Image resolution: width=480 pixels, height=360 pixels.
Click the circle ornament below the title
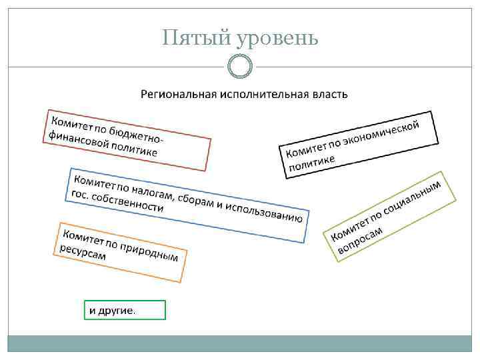tap(240, 67)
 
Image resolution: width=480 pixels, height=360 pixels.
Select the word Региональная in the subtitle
tap(176, 93)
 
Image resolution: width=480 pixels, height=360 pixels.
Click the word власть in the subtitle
tap(330, 93)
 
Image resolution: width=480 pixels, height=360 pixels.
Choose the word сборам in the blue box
tap(196, 199)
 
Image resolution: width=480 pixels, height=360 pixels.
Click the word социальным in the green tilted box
tap(413, 200)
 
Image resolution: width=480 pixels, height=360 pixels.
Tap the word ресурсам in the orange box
tap(83, 251)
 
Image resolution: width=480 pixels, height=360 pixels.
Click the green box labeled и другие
tap(125, 310)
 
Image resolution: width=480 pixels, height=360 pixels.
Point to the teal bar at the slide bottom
tap(240, 343)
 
